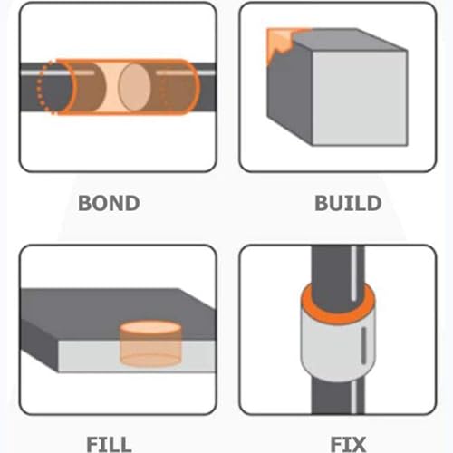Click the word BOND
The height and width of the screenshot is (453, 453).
pos(109,202)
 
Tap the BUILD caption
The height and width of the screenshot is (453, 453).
pos(347,202)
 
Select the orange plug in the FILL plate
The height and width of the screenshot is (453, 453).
pos(149,344)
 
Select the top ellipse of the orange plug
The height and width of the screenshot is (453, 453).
pos(149,327)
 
